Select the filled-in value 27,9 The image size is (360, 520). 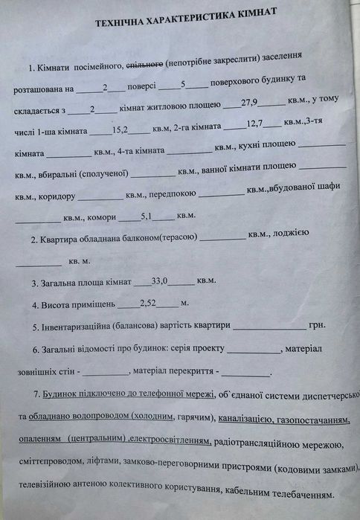[x=259, y=109]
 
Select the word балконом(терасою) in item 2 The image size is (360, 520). [x=156, y=239]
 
